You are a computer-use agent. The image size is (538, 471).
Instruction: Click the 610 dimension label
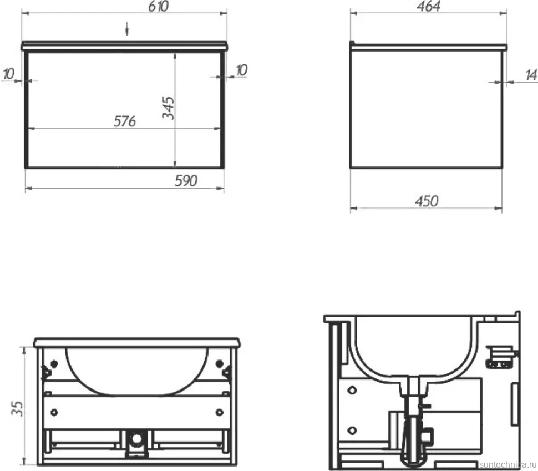[x=159, y=6]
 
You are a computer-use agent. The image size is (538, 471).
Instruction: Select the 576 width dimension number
[x=125, y=121]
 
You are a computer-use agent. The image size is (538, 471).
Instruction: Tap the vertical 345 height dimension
[x=169, y=108]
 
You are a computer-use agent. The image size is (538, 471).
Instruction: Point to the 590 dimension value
[x=186, y=181]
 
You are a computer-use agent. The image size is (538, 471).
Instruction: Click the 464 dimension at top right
[x=429, y=6]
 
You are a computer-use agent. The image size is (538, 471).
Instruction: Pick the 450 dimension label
[x=427, y=201]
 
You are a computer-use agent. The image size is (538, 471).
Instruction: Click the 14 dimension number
[x=531, y=75]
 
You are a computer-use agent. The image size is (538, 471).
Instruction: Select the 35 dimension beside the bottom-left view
[x=17, y=408]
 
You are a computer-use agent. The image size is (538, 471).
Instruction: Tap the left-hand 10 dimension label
[x=9, y=73]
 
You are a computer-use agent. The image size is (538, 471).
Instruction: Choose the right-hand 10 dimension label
[x=242, y=70]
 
